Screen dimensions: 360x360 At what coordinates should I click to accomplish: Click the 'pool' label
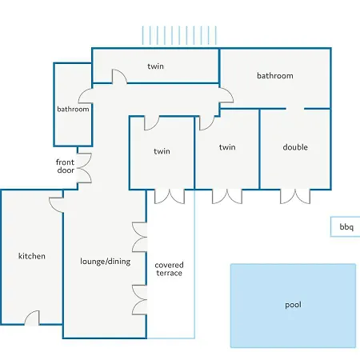tap(293, 305)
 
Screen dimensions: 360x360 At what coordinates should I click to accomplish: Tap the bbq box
tap(346, 226)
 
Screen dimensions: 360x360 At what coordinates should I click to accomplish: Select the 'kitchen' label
tap(32, 256)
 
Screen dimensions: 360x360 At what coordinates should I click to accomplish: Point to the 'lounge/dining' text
tap(106, 262)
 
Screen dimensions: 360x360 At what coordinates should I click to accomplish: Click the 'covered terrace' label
tap(169, 269)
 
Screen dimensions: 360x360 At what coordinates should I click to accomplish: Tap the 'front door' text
tap(66, 166)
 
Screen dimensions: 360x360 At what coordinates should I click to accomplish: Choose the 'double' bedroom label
tap(295, 147)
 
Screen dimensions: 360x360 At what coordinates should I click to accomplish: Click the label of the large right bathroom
tap(275, 75)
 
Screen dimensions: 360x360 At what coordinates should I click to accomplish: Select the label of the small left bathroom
tap(73, 109)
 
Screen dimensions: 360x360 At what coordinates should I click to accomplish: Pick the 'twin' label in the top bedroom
tap(155, 66)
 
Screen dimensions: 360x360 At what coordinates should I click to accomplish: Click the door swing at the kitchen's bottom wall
tap(33, 318)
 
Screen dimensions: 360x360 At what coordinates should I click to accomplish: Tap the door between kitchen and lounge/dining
tap(56, 205)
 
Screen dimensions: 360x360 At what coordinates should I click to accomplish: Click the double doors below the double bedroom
tap(295, 197)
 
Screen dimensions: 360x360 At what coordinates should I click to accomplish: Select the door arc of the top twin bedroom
tap(119, 77)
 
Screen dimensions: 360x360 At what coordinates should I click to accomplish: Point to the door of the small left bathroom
tap(86, 96)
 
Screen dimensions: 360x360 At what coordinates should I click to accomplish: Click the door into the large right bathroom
tap(226, 95)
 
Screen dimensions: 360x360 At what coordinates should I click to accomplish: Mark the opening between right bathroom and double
tap(295, 109)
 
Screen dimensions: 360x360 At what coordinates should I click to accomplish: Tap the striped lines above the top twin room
tap(179, 35)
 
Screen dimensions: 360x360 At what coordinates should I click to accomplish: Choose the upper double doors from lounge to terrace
tap(140, 237)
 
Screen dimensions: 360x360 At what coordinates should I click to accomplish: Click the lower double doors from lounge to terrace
tap(140, 300)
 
